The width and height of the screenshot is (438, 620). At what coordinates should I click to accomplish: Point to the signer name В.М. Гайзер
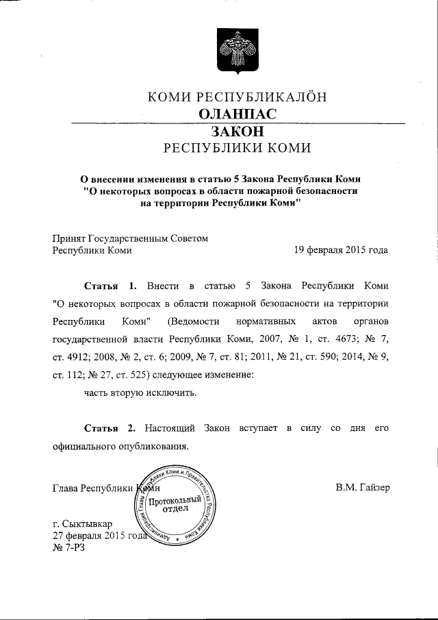click(363, 488)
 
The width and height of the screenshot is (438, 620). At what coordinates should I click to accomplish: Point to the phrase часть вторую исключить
click(140, 393)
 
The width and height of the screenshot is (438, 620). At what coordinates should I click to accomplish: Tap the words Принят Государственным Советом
click(129, 238)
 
